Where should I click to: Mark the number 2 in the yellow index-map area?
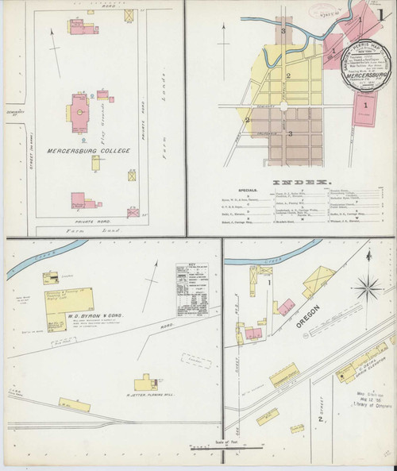pyautogui.click(x=288, y=76)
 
